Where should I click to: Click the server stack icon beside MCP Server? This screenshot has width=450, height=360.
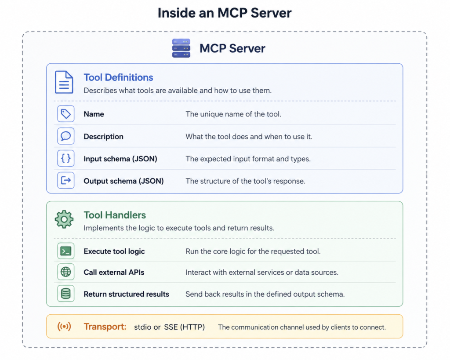181,48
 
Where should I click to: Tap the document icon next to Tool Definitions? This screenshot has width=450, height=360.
64,82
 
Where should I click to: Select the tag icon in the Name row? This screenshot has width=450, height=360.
66,114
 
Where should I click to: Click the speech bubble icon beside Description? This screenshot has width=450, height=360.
66,136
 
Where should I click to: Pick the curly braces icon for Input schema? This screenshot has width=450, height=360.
66,158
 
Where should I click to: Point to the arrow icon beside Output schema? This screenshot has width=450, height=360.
66,181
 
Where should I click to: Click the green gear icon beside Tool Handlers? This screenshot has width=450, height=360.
64,219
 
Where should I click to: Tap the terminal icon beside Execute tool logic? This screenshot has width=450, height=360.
66,251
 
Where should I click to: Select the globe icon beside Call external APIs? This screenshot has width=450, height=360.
66,272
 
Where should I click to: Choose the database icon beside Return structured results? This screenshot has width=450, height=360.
66,294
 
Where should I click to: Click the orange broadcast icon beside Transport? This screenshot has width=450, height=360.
64,327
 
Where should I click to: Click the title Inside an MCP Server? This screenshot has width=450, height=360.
225,13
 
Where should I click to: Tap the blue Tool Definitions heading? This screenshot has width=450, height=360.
118,78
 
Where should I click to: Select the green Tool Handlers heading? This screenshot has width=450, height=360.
115,215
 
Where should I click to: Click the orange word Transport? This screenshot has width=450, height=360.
105,327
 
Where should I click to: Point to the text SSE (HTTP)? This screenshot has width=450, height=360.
184,327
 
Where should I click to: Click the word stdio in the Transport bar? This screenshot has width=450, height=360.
142,327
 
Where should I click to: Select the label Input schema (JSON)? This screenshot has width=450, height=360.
120,159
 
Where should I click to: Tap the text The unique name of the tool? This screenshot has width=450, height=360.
233,114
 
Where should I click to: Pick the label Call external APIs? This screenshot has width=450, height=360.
114,273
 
